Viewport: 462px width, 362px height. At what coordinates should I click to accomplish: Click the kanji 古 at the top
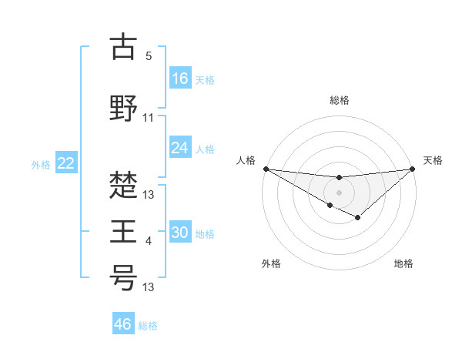(x=123, y=47)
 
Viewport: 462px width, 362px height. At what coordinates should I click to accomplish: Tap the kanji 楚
(x=123, y=184)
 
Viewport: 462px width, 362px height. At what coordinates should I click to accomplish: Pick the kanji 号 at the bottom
(x=123, y=278)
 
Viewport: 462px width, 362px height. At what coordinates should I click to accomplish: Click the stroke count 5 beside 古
(x=149, y=56)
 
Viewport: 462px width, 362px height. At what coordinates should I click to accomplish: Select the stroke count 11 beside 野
(x=149, y=118)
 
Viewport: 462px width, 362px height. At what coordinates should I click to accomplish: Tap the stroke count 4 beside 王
(x=149, y=242)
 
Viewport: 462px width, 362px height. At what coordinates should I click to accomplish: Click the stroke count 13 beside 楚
(x=149, y=195)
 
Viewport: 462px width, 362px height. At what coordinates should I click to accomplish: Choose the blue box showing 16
(x=179, y=78)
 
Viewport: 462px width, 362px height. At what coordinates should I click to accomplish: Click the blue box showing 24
(x=179, y=148)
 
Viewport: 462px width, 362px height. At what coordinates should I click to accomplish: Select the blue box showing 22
(x=66, y=163)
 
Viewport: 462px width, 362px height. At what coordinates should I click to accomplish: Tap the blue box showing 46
(x=123, y=324)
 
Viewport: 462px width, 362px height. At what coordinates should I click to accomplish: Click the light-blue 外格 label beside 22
(x=41, y=164)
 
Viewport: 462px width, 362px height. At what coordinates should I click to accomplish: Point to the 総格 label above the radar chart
(x=339, y=100)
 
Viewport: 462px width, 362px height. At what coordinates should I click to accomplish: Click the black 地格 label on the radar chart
(x=403, y=264)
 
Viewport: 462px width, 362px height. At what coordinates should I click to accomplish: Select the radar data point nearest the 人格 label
(x=266, y=169)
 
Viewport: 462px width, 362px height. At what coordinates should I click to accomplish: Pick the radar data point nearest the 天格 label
(x=413, y=169)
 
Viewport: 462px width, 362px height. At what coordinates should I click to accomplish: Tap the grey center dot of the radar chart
(x=339, y=191)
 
